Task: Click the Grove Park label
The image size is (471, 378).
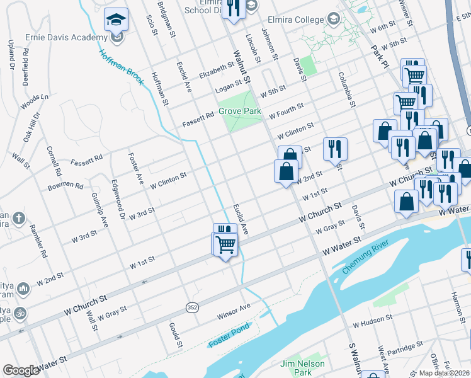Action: click(x=240, y=112)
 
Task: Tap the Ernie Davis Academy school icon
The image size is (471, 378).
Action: click(x=116, y=20)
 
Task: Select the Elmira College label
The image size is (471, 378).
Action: click(x=295, y=20)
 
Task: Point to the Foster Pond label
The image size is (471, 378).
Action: click(x=229, y=335)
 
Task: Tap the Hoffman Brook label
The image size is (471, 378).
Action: click(x=122, y=68)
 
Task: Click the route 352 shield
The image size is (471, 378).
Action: click(x=192, y=307)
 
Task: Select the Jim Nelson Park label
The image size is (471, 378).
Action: click(x=303, y=368)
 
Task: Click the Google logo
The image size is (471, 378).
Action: click(x=21, y=370)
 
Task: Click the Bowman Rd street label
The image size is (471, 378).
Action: click(x=65, y=186)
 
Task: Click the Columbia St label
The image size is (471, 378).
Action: click(x=345, y=89)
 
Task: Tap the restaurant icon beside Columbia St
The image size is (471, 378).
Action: click(x=335, y=149)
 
